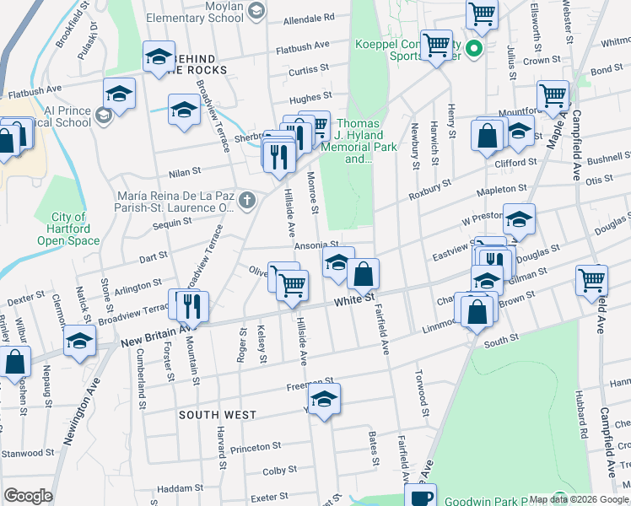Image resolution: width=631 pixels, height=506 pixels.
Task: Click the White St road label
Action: click(x=353, y=300)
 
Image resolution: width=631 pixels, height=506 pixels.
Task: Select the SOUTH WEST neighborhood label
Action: click(x=218, y=415)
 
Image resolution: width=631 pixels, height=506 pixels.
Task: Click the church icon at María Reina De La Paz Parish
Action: click(x=246, y=200)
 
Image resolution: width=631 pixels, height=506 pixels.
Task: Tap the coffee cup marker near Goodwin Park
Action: click(x=422, y=496)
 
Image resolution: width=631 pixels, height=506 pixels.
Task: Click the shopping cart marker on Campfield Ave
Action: click(x=591, y=280)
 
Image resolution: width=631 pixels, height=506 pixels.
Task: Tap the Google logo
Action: click(x=29, y=496)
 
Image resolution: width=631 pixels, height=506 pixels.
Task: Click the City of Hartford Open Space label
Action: click(x=68, y=229)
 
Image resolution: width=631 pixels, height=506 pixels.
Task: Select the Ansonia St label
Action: click(x=316, y=245)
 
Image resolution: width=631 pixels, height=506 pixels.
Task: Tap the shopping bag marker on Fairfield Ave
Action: click(x=364, y=274)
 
